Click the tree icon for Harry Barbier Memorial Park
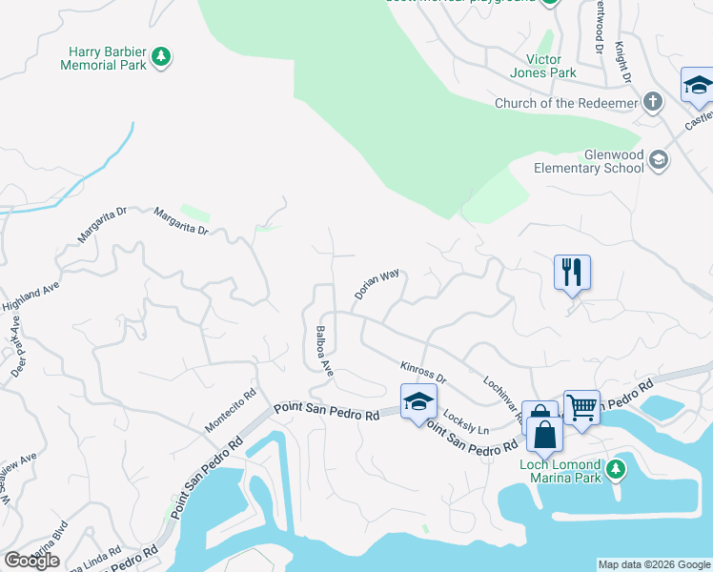click(162, 57)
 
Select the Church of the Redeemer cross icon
click(652, 102)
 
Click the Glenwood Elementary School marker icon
click(659, 161)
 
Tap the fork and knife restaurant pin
click(572, 272)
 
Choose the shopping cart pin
click(581, 407)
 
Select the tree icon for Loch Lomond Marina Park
click(616, 468)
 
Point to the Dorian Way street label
click(377, 285)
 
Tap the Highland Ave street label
click(23, 294)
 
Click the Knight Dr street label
click(623, 61)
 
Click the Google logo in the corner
click(31, 561)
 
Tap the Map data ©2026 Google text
click(653, 564)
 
